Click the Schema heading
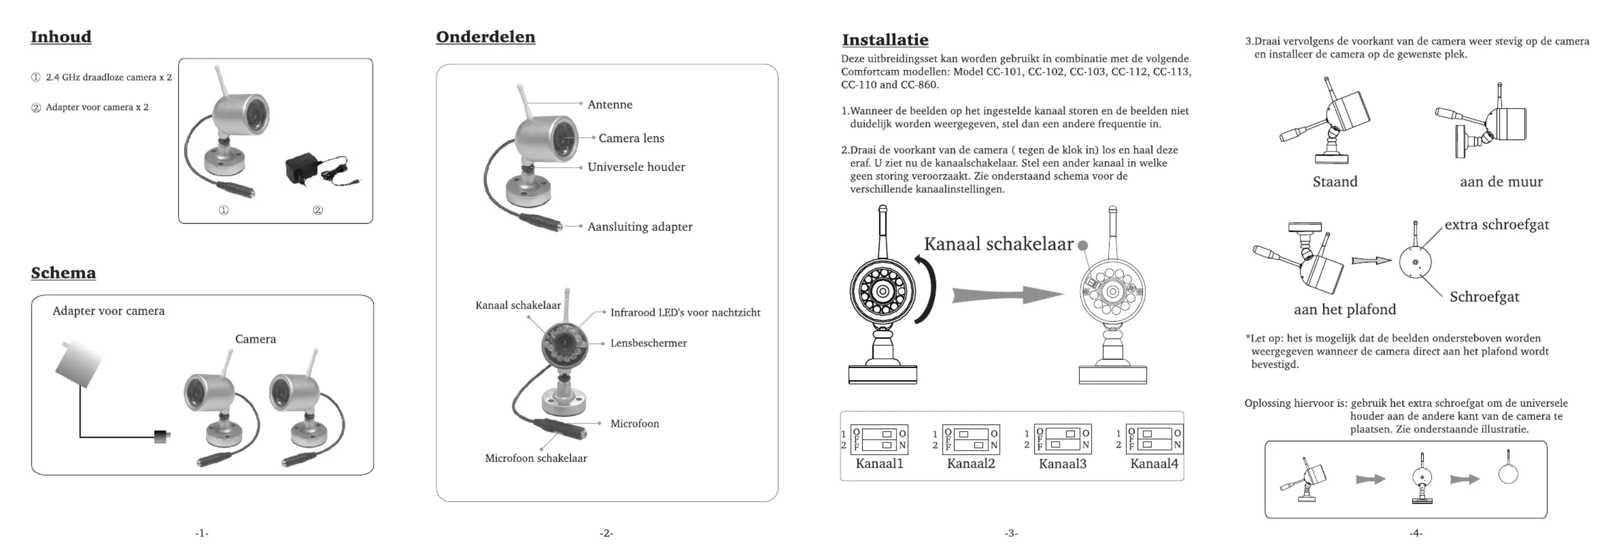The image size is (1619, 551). tap(63, 273)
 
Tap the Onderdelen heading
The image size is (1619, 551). tap(485, 37)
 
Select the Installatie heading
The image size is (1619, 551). tap(885, 40)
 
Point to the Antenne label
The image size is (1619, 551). tap(610, 105)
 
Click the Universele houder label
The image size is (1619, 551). tap(636, 167)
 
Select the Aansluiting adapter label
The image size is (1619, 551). tap(640, 227)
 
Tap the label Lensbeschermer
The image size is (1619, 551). tap(648, 343)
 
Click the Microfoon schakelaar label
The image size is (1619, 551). tap(535, 459)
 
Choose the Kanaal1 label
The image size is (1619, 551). tap(879, 464)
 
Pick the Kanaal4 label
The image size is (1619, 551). tap(1154, 464)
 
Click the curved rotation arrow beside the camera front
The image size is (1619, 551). tap(927, 290)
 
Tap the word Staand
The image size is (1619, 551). tap(1335, 182)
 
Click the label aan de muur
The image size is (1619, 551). tap(1501, 182)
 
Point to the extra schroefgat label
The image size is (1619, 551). tap(1497, 225)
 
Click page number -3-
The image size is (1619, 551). tap(1011, 533)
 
